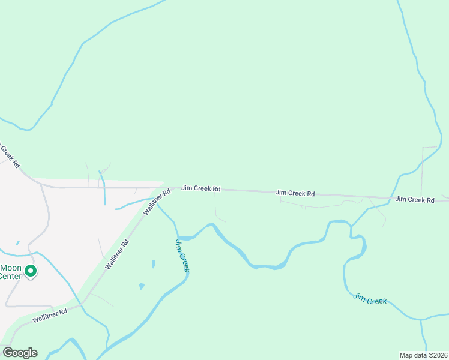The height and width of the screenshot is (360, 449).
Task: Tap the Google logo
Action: [x=20, y=353]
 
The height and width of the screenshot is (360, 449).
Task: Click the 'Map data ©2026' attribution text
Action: [x=423, y=355]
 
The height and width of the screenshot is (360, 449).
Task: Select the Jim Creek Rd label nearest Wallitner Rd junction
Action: [x=200, y=188]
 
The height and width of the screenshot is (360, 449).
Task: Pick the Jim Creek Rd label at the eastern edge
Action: [x=415, y=199]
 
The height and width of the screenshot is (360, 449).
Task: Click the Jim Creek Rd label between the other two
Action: [x=295, y=193]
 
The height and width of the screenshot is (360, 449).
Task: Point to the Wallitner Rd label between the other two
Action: [x=118, y=254]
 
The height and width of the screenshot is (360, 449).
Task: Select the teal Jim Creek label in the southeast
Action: [x=370, y=298]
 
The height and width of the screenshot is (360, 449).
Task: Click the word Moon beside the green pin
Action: [x=11, y=268]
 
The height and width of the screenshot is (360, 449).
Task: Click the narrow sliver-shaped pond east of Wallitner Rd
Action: [x=154, y=264]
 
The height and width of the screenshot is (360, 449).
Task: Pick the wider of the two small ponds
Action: [x=142, y=286]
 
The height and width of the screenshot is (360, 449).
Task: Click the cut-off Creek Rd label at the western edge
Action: [x=10, y=155]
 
